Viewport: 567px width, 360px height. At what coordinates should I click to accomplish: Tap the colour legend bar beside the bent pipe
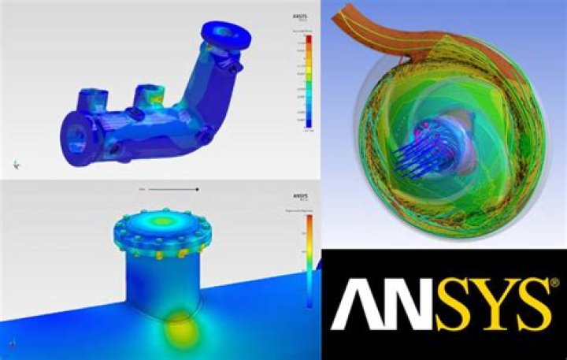coord(309,83)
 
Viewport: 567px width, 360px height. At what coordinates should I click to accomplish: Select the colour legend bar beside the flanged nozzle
coord(309,260)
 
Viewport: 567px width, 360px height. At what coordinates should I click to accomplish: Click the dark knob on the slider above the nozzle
coord(198,189)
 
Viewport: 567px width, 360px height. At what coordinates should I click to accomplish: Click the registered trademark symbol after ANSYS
coord(555,281)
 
